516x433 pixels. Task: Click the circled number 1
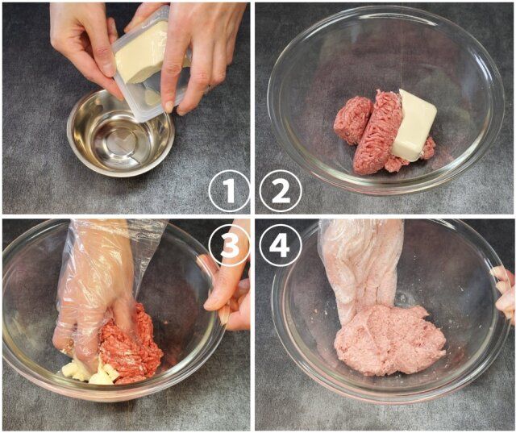click(230, 192)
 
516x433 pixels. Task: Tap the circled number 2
click(281, 192)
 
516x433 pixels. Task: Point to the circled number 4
click(281, 245)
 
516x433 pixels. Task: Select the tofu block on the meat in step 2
click(414, 125)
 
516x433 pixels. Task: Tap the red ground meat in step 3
click(133, 347)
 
